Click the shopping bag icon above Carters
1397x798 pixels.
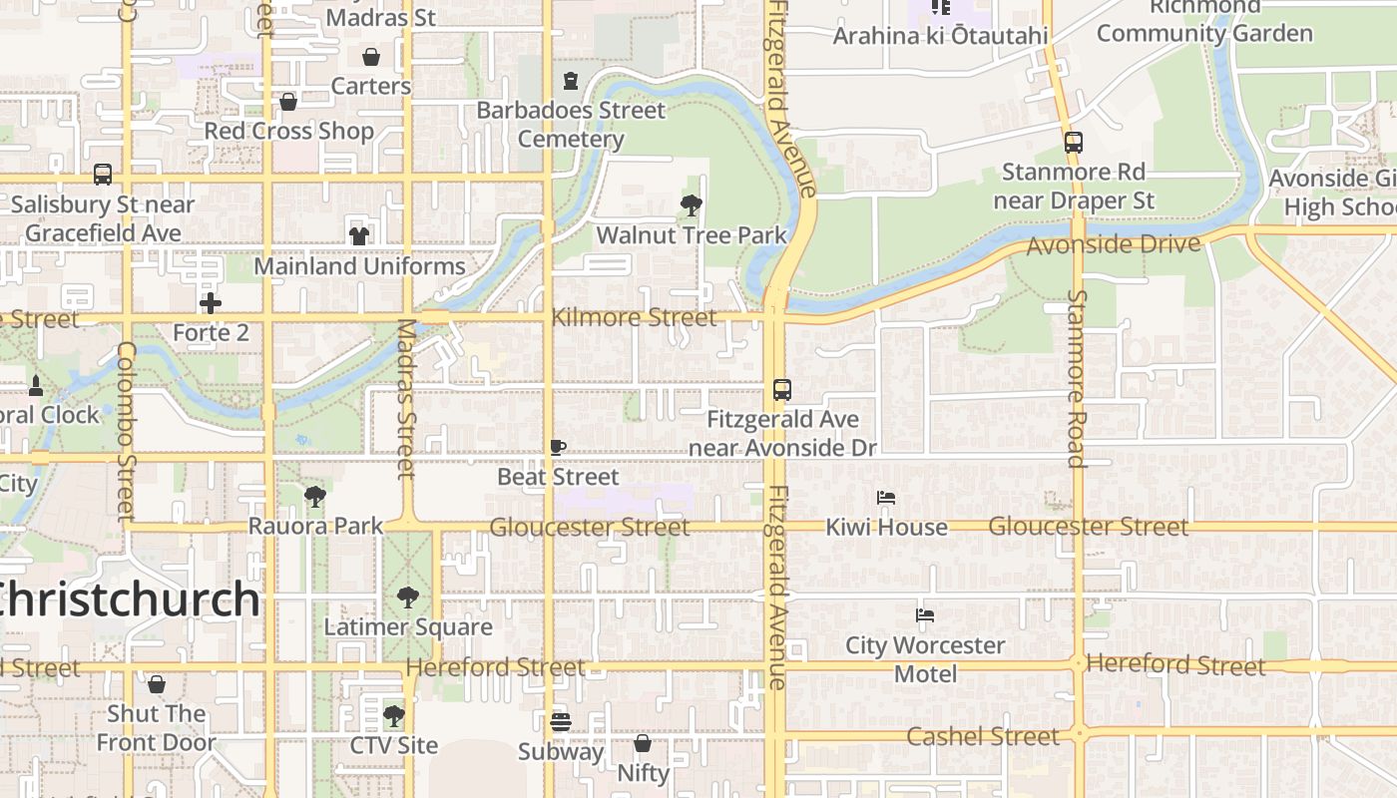(x=371, y=57)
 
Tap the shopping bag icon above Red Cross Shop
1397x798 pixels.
(x=288, y=102)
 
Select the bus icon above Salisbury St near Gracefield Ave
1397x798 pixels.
(x=103, y=175)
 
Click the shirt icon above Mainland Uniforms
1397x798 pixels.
(x=359, y=236)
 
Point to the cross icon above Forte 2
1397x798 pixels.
(x=210, y=302)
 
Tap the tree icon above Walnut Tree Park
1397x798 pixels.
(x=691, y=206)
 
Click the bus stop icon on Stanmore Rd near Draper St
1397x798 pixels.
(x=1074, y=143)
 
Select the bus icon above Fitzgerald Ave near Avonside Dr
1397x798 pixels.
(x=782, y=390)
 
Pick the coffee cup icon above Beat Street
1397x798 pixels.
(x=558, y=448)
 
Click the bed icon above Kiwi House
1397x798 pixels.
(x=885, y=498)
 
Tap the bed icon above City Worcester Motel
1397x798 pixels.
(x=925, y=615)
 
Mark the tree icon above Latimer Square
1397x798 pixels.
(x=407, y=598)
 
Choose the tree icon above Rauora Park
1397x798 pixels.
(x=315, y=496)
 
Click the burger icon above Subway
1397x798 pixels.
(x=561, y=721)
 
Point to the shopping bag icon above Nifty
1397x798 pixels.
(x=643, y=743)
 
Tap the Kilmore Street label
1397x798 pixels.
(x=634, y=318)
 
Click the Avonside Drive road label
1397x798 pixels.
(x=1114, y=244)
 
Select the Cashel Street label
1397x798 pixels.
(x=983, y=736)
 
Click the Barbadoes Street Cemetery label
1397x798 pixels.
(x=571, y=124)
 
